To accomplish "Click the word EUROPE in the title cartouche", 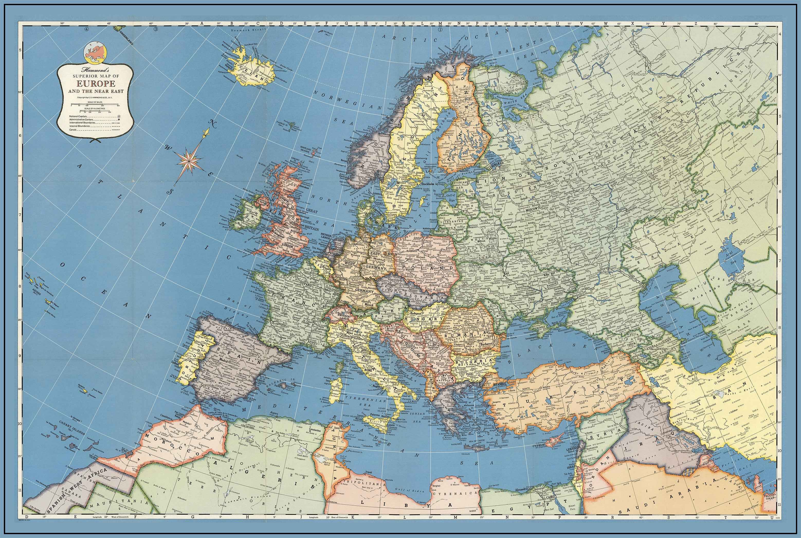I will coord(96,83).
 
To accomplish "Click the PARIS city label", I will coord(308,284).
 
